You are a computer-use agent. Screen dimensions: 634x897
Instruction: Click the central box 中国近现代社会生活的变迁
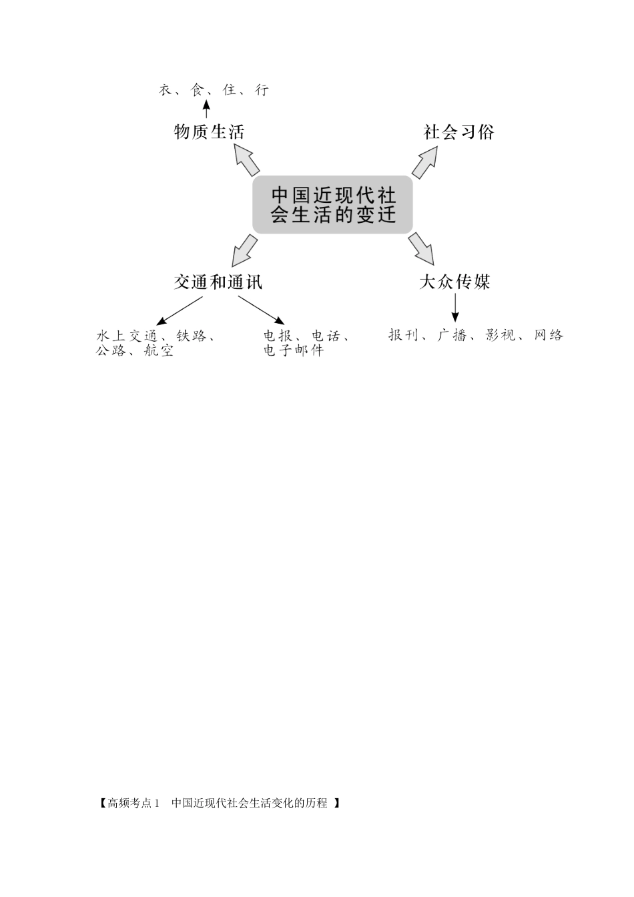click(332, 205)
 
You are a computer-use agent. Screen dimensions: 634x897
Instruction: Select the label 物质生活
click(209, 131)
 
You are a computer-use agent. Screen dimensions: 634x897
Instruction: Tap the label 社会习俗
click(458, 131)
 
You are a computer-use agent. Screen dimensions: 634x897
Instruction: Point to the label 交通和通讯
click(218, 282)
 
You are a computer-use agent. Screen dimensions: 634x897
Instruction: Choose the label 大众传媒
click(454, 282)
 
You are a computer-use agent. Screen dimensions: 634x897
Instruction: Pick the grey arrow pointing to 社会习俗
click(424, 162)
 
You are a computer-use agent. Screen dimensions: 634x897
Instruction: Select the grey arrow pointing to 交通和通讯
click(244, 250)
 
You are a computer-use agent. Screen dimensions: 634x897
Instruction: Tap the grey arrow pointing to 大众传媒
click(422, 248)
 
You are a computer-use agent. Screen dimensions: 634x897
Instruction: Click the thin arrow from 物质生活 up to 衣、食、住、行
click(206, 109)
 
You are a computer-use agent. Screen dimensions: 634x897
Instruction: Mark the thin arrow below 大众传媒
click(455, 308)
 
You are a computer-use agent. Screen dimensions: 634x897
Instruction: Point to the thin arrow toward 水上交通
click(178, 312)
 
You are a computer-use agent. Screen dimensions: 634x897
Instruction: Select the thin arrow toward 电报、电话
click(262, 311)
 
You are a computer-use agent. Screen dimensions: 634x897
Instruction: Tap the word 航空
click(159, 350)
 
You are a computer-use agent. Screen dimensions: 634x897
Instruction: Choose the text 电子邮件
click(293, 350)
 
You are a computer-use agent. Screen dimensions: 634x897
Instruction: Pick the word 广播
click(452, 335)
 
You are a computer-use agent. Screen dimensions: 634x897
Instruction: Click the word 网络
click(549, 335)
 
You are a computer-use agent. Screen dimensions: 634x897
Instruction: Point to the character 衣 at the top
click(166, 90)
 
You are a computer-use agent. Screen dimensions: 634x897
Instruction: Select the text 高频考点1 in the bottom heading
click(134, 803)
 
